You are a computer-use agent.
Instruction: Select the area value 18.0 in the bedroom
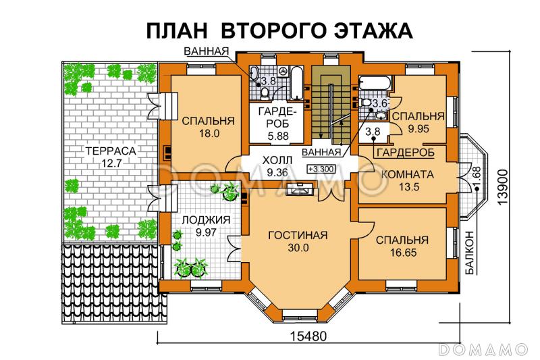[x=207, y=134]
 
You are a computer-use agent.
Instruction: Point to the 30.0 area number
[x=297, y=248]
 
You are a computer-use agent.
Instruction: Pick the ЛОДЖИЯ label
[x=205, y=220]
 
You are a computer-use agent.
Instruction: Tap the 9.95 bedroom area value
[x=418, y=127]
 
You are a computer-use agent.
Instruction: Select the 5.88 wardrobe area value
[x=268, y=135]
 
